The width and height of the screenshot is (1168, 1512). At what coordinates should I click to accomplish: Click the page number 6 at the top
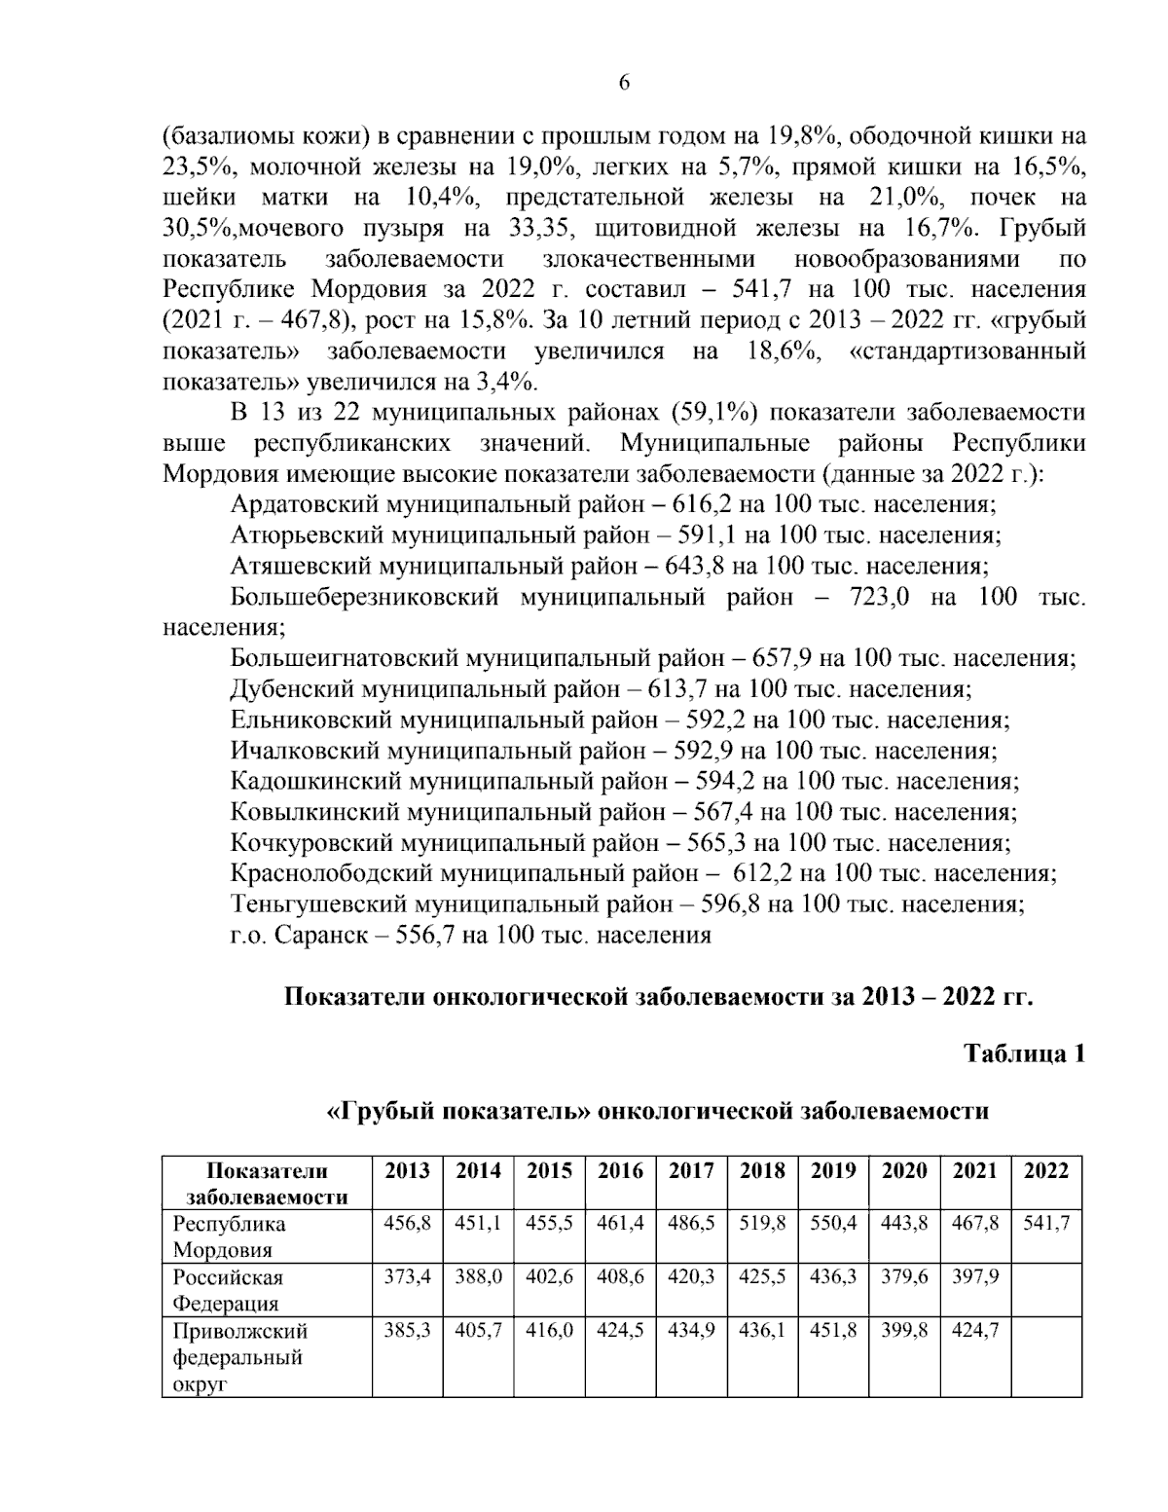tap(624, 84)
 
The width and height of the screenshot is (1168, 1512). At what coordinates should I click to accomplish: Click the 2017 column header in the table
tap(691, 1170)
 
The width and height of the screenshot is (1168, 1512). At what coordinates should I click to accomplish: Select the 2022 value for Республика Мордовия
tap(1046, 1224)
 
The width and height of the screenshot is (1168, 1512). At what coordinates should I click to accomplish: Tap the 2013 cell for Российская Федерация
tap(407, 1276)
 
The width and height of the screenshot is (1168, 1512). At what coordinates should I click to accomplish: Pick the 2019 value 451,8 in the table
tap(833, 1330)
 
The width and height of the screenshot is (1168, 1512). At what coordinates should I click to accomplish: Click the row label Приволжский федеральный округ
tap(239, 1356)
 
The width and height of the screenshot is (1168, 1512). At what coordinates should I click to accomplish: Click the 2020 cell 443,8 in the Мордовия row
tap(904, 1224)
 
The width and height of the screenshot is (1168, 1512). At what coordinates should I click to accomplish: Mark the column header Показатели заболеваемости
tap(268, 1183)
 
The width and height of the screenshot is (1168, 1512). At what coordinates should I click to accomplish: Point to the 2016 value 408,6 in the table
tap(620, 1276)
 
